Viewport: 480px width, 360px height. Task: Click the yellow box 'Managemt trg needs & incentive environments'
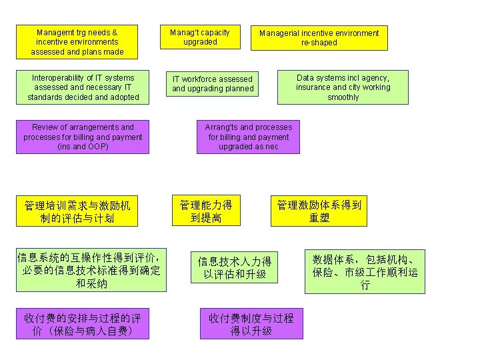(x=77, y=41)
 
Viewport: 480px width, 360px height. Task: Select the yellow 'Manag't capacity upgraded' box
(x=200, y=37)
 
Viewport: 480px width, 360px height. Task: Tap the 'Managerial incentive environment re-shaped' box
(x=319, y=37)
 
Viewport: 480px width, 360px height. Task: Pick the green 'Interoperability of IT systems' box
(x=83, y=87)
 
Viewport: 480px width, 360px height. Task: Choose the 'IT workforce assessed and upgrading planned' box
(x=213, y=84)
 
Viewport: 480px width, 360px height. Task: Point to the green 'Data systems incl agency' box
(x=343, y=87)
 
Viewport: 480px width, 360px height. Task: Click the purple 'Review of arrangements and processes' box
(x=83, y=137)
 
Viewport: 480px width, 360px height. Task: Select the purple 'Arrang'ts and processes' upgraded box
(x=248, y=137)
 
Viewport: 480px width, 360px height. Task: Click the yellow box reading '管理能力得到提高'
(x=206, y=211)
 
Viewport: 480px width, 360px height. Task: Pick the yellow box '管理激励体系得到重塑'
(x=319, y=211)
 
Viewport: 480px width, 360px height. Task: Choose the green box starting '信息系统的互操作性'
(x=91, y=270)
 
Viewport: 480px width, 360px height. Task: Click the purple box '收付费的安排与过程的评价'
(x=83, y=323)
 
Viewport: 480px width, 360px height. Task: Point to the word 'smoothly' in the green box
(x=343, y=97)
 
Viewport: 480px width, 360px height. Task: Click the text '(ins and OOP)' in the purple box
(x=83, y=147)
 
